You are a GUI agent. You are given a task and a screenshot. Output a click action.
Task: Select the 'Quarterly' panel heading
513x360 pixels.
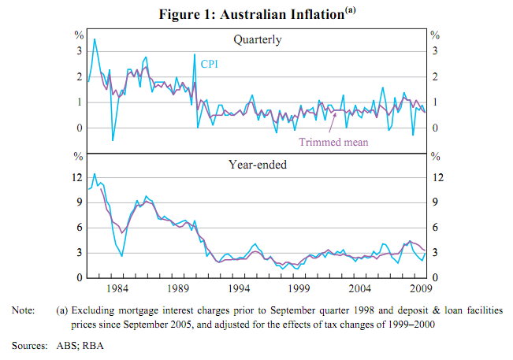257,39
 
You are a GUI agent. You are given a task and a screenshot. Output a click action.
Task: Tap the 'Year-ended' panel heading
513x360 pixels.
257,165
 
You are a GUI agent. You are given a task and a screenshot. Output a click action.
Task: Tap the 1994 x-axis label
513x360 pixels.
240,288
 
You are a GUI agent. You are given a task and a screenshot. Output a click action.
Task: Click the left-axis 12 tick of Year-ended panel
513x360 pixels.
77,177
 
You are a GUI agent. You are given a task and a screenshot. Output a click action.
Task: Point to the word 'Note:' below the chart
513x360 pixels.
24,311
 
